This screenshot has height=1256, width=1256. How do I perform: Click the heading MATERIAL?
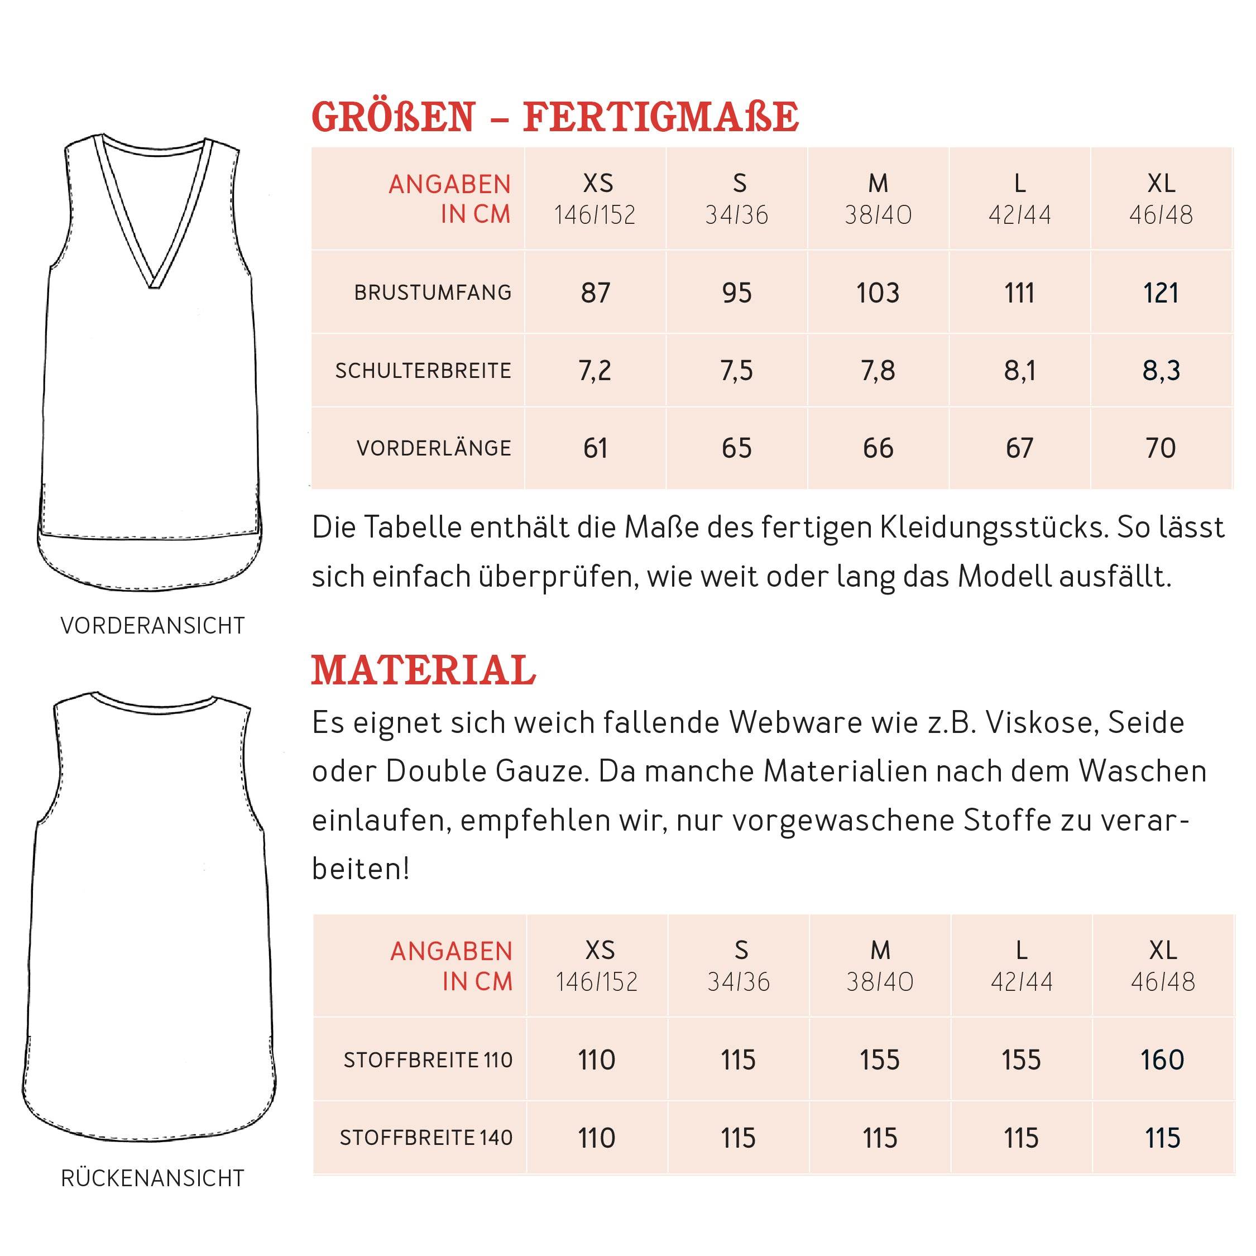(x=423, y=670)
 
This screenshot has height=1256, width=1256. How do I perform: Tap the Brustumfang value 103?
(x=878, y=293)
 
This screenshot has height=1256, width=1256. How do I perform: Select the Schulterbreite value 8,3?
(x=1161, y=371)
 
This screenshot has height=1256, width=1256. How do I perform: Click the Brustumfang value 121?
(x=1161, y=293)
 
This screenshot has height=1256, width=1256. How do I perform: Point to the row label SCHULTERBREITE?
(x=423, y=371)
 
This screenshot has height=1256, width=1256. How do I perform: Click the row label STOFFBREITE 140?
(x=426, y=1138)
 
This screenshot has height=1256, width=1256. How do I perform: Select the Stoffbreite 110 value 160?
(x=1162, y=1060)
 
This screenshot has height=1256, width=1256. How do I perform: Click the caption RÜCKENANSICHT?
(x=153, y=1178)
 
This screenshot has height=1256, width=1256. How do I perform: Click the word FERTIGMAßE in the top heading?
(x=660, y=118)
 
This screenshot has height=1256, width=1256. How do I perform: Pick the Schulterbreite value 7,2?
(x=596, y=371)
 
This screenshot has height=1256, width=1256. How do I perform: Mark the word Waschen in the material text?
(x=1142, y=771)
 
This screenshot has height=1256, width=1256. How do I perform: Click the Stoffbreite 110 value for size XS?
(x=597, y=1060)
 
